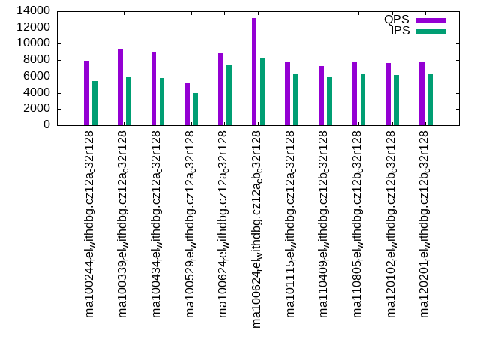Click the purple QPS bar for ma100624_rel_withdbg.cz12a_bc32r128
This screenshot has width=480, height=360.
tap(254, 71)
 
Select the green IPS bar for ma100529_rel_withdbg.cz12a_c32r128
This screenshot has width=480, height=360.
tap(195, 109)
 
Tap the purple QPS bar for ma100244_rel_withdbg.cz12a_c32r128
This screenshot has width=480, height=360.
tap(87, 93)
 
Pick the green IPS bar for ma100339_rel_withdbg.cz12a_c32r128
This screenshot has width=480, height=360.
tap(128, 100)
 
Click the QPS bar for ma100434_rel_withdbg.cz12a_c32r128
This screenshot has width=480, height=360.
tap(154, 88)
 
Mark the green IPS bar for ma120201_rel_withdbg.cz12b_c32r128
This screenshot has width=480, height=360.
tap(430, 100)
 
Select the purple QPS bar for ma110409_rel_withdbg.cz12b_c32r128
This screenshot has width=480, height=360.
tap(321, 95)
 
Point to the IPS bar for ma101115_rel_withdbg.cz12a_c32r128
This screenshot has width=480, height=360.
tap(295, 100)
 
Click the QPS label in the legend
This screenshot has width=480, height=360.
tap(397, 19)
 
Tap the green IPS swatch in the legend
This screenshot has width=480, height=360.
tap(430, 31)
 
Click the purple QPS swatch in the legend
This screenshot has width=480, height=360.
tap(430, 20)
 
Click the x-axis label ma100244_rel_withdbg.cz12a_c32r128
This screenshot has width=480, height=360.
tap(90, 223)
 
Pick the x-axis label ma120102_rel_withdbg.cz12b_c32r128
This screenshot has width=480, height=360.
tap(391, 223)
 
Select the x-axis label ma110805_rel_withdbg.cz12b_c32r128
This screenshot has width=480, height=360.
tap(358, 223)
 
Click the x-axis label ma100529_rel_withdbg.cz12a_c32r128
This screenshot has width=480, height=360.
tap(190, 223)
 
